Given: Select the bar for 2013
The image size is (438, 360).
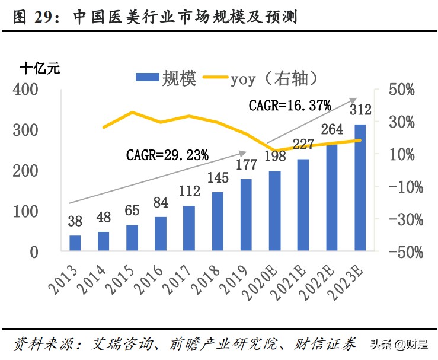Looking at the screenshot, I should click(75, 243).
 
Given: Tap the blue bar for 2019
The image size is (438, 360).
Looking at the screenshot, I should click(246, 214).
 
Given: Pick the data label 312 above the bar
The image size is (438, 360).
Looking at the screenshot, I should click(360, 110).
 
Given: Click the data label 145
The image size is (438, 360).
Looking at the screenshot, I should click(218, 177).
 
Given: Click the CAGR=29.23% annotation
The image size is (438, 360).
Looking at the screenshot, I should click(168, 155).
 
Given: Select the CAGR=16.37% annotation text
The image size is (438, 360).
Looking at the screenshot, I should click(290, 106).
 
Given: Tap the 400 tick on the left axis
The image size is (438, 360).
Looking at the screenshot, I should click(25, 90).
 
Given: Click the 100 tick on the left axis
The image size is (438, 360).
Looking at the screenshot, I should click(25, 212).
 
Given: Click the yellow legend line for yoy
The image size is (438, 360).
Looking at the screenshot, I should click(216, 77).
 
